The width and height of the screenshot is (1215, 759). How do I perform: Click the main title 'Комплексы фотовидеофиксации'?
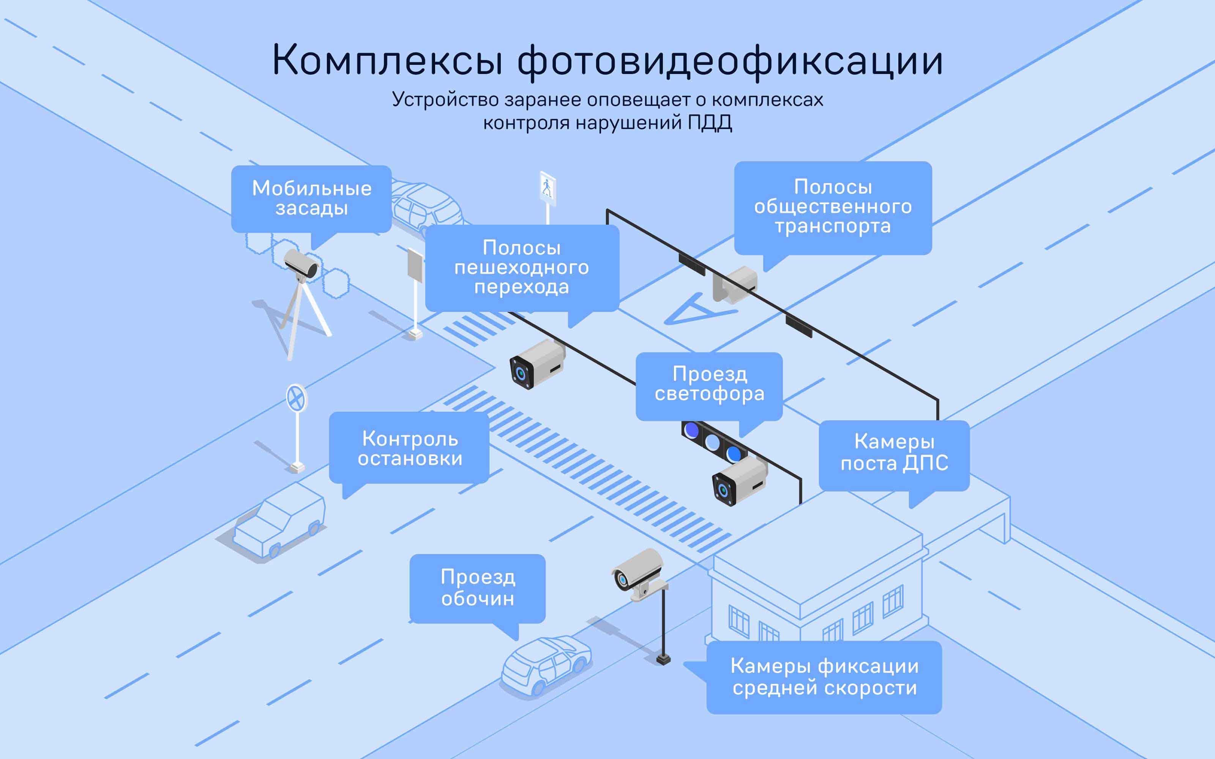(x=607, y=60)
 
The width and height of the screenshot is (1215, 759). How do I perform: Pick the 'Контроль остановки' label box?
(x=409, y=448)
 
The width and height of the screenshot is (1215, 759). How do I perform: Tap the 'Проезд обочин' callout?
(x=478, y=588)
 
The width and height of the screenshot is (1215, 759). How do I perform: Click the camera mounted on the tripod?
(x=301, y=266)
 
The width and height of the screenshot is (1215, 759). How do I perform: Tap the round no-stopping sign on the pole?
(x=296, y=399)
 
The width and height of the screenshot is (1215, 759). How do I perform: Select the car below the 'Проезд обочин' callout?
(x=546, y=665)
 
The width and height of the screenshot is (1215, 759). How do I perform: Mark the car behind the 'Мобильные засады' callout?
(x=427, y=206)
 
